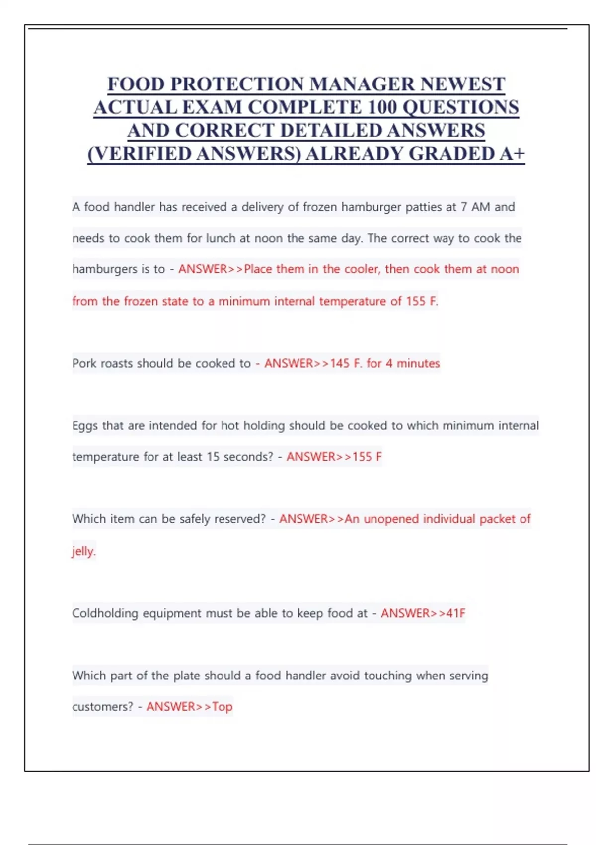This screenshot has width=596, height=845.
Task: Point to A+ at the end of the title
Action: tap(512, 154)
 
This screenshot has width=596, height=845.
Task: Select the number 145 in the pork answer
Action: tap(340, 363)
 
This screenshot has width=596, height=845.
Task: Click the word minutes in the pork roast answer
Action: tap(418, 363)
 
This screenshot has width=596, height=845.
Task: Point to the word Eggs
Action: tap(85, 426)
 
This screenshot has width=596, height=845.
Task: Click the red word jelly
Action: tap(83, 551)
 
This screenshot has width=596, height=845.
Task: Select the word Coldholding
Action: tap(105, 613)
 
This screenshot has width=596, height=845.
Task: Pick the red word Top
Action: tap(222, 707)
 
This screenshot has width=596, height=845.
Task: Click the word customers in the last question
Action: tap(102, 707)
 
